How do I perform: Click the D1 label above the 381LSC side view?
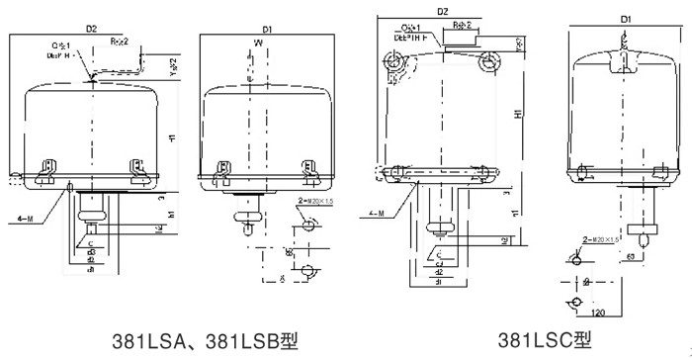(626, 19)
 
